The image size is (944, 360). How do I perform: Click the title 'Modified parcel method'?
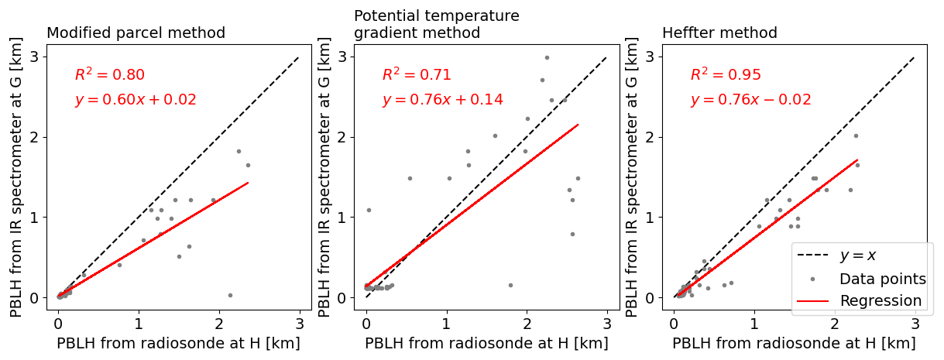[136, 33]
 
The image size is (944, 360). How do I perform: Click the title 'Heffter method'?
[719, 33]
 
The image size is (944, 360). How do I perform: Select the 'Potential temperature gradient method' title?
[436, 25]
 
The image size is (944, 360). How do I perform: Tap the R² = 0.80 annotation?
[109, 75]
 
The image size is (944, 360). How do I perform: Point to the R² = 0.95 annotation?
[726, 75]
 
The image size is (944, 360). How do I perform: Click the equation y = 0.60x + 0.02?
[136, 100]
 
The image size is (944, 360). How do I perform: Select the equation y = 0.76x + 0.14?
[442, 100]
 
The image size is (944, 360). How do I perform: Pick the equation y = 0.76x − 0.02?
[750, 100]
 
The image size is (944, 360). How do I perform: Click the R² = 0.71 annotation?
[417, 75]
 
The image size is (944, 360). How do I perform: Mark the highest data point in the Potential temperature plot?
[547, 57]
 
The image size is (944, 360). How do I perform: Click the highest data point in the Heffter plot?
[856, 135]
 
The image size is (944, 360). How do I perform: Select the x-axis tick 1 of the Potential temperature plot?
[447, 319]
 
